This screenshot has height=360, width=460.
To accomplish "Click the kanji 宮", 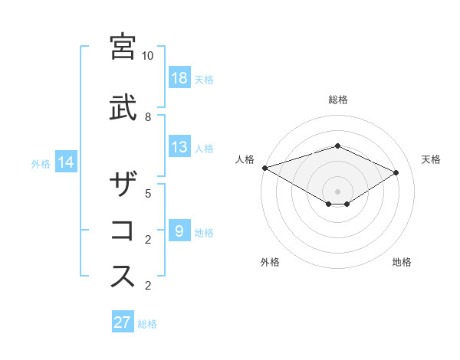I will tap(123, 47).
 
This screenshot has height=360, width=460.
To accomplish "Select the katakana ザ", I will tap(123, 186).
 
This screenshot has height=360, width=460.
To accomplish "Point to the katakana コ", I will tap(123, 231).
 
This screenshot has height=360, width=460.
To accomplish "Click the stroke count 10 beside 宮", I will tap(148, 56).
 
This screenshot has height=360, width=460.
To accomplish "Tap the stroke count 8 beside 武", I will tap(148, 116).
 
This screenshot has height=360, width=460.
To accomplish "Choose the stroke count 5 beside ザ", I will tap(148, 193).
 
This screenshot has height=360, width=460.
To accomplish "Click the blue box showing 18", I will tap(179, 78).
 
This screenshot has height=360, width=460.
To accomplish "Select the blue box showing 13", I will tap(179, 147).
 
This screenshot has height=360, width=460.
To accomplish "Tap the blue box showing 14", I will tap(66, 162).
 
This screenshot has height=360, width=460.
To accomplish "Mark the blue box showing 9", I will tap(179, 231).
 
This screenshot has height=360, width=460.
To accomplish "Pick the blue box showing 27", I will tap(123, 322).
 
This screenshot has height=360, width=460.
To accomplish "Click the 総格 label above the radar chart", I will tap(338, 100).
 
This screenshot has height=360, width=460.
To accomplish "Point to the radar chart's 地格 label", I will tap(402, 262).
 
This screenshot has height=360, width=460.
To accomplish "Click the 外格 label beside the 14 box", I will tap(41, 163).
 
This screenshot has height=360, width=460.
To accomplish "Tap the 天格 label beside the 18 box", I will tap(204, 79).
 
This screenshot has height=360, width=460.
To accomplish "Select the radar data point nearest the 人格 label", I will tap(264, 168).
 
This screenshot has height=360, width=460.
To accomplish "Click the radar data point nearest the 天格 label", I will tap(396, 173).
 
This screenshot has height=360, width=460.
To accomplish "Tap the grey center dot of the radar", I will tap(337, 191).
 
